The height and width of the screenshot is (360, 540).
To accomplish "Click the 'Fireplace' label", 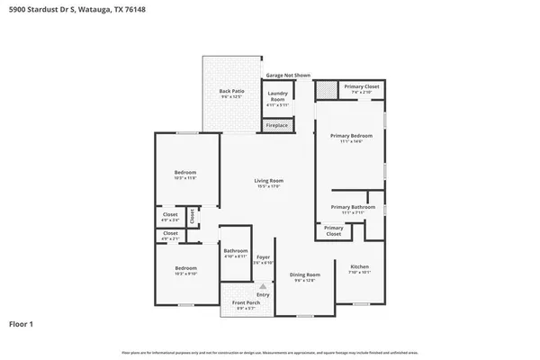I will click(276, 125).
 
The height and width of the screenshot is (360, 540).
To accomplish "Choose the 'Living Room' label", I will click(268, 181).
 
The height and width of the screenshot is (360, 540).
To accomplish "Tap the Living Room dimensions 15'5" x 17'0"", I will click(268, 187).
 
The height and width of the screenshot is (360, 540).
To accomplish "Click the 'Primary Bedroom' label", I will click(350, 135).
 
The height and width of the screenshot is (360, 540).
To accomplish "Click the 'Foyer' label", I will click(263, 256).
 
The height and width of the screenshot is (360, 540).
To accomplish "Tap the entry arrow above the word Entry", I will click(263, 286).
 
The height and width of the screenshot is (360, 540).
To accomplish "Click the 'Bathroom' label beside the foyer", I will click(236, 250).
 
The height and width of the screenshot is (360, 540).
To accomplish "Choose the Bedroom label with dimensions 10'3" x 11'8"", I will click(185, 172).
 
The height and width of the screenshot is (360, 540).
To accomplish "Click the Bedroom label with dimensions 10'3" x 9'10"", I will click(185, 268).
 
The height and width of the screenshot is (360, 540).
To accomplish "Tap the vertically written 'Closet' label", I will click(192, 217).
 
